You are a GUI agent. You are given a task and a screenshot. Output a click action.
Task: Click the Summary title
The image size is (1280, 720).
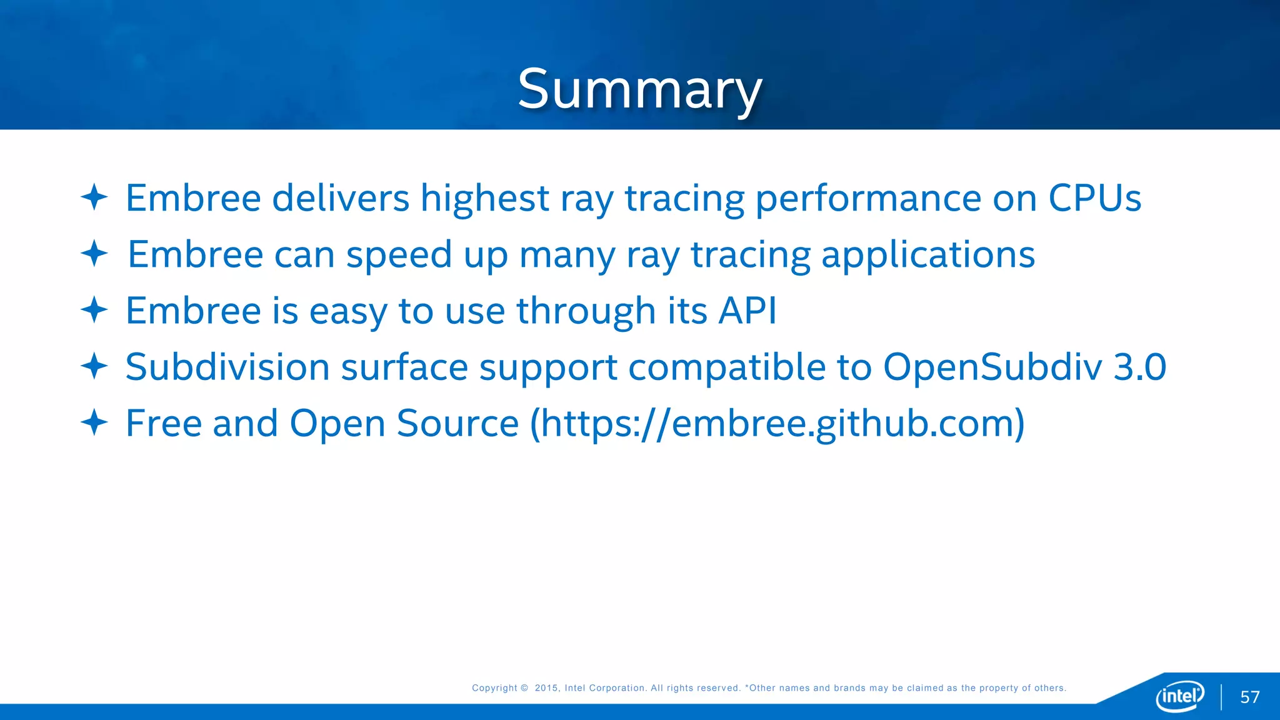pyautogui.click(x=640, y=89)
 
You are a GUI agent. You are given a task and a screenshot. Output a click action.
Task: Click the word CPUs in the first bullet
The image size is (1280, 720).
pyautogui.click(x=1094, y=198)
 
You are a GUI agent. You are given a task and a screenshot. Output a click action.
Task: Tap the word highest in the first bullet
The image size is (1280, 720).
pyautogui.click(x=484, y=199)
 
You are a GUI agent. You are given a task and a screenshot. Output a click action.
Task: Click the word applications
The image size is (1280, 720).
pyautogui.click(x=927, y=256)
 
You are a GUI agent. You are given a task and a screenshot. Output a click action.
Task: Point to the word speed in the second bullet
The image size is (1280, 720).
pyautogui.click(x=399, y=256)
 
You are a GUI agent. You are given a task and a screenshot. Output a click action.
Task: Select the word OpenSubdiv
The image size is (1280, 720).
pyautogui.click(x=992, y=367)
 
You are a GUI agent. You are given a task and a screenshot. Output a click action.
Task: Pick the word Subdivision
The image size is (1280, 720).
pyautogui.click(x=227, y=367)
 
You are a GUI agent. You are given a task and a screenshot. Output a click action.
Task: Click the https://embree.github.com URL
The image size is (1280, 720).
pyautogui.click(x=777, y=424)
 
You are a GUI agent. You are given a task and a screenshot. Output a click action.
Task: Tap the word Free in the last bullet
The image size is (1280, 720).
pyautogui.click(x=164, y=423)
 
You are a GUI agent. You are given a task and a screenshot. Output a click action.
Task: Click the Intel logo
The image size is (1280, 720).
pyautogui.click(x=1180, y=696)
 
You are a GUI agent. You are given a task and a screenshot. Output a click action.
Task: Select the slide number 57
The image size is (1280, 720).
pyautogui.click(x=1249, y=697)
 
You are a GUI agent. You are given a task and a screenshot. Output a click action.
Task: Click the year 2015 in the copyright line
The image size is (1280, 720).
pyautogui.click(x=546, y=688)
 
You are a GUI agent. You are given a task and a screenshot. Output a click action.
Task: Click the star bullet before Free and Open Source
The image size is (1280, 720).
pyautogui.click(x=94, y=422)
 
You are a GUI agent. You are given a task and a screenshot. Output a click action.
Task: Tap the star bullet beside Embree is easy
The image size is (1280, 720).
pyautogui.click(x=94, y=310)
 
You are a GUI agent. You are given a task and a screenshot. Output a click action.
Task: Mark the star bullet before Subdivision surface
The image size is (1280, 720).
pyautogui.click(x=94, y=366)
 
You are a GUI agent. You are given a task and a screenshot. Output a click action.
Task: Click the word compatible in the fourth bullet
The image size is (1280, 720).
pyautogui.click(x=727, y=367)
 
